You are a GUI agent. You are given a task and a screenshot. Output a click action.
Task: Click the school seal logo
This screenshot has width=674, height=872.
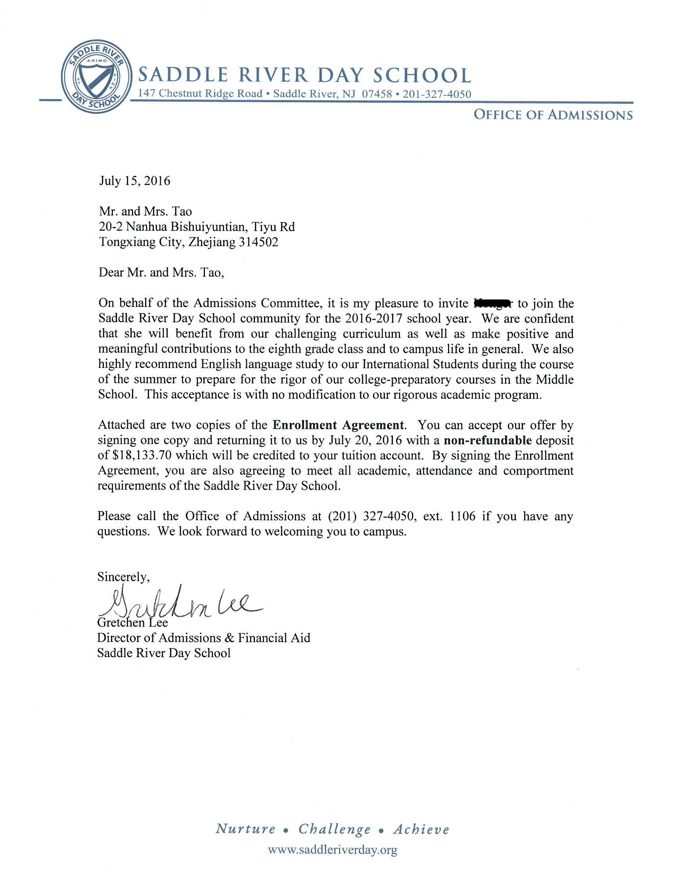(97, 76)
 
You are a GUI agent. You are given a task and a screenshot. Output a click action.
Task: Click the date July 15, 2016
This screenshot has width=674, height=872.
(134, 181)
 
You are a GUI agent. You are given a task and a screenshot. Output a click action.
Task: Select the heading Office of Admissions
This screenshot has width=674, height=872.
(553, 115)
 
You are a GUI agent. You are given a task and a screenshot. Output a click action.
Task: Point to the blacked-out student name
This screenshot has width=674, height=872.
(492, 304)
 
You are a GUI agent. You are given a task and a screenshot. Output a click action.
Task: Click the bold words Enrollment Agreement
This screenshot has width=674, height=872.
(338, 425)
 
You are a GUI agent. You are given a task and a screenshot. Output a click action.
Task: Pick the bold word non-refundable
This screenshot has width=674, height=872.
(488, 440)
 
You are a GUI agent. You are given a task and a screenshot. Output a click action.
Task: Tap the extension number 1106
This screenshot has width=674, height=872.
(463, 516)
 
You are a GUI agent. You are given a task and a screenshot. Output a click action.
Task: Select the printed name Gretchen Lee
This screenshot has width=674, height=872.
(132, 622)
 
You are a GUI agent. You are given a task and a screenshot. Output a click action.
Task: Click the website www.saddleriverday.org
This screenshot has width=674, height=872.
(332, 850)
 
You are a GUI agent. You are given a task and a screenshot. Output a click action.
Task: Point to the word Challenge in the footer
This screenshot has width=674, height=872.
(335, 829)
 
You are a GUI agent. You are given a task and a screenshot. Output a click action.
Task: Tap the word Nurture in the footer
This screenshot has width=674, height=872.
(245, 829)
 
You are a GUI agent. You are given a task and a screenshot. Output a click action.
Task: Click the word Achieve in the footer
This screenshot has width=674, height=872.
(421, 829)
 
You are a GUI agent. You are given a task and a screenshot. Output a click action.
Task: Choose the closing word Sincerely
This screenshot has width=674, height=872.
(123, 577)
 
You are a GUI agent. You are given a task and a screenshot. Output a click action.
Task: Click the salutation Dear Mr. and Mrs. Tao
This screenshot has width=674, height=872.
(161, 273)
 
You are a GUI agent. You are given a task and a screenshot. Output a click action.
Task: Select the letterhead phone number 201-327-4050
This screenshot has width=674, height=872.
(437, 94)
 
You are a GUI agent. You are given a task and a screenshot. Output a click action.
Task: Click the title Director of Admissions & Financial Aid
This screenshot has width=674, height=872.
(204, 638)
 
